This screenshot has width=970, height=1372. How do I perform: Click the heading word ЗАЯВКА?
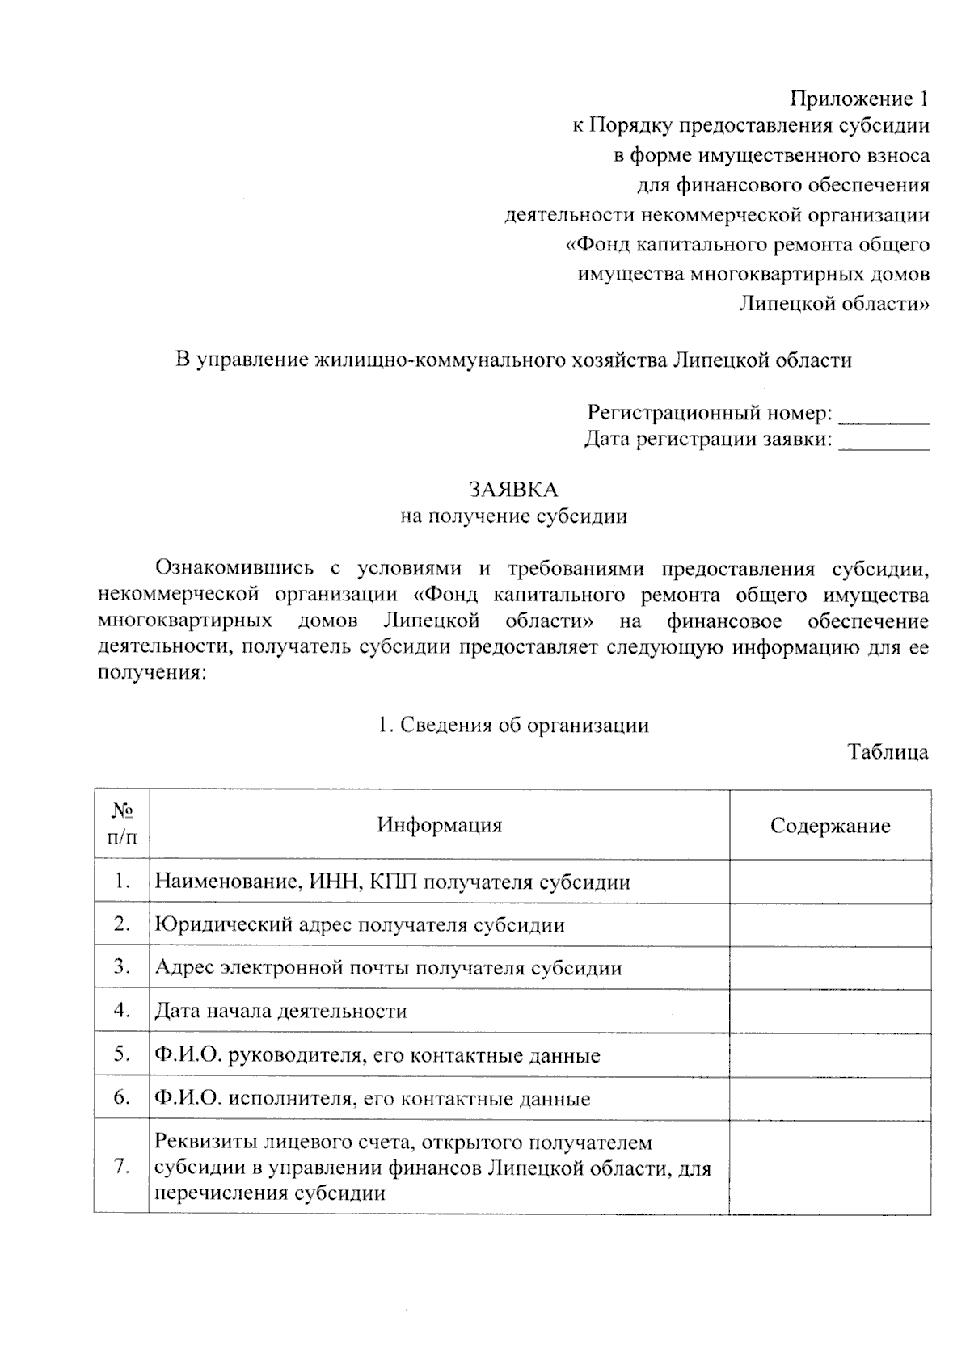pos(513,490)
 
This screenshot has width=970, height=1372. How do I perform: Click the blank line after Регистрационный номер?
pos(884,416)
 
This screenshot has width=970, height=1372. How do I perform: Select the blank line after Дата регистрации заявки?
pos(884,443)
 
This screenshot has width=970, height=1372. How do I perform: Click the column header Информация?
pos(439,825)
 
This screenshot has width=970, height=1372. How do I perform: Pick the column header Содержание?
pos(829,826)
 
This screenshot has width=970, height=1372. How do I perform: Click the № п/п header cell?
pos(121,824)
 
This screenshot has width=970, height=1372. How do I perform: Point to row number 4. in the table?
pos(122,1010)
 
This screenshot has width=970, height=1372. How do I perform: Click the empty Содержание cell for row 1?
pos(829,882)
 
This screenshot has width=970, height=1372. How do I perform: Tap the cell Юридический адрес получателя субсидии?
pos(359,925)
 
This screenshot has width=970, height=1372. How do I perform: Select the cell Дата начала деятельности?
pos(280,1011)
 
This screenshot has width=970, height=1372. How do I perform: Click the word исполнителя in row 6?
pos(291,1099)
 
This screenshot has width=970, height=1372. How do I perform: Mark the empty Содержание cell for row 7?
pos(829,1166)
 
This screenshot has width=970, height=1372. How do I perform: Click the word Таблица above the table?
pos(888,752)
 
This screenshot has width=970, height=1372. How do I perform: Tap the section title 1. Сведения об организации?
pos(513,725)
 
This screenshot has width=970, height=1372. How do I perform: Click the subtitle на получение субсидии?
pos(513,516)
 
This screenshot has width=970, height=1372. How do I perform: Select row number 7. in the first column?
pos(122,1166)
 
